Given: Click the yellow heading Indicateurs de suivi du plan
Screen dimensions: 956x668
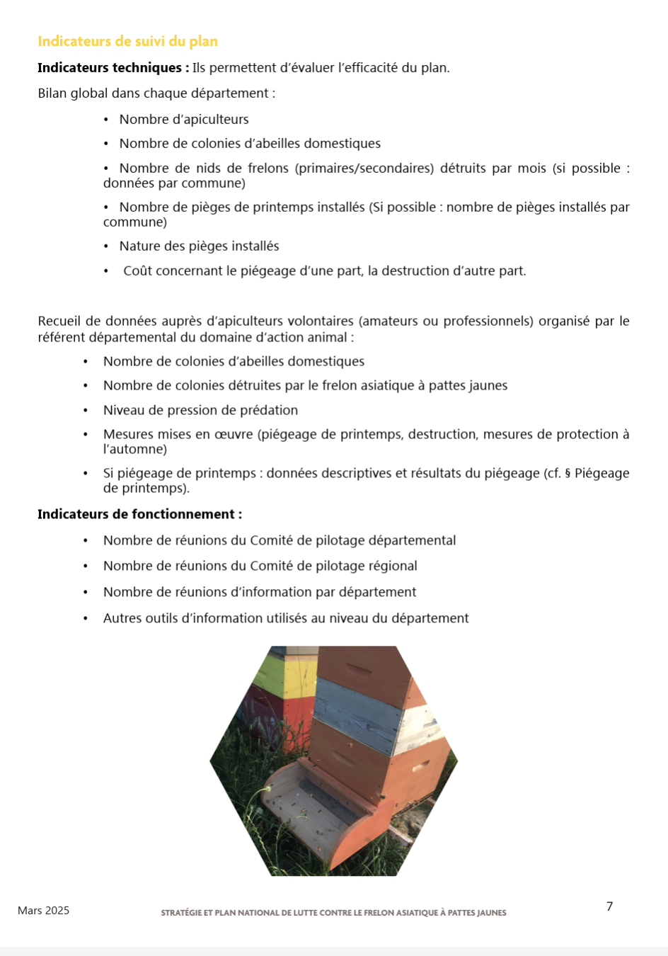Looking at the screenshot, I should click(x=127, y=41).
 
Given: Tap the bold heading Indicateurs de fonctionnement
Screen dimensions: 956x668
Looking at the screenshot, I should click(x=139, y=514).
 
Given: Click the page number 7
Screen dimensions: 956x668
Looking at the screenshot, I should click(x=609, y=906).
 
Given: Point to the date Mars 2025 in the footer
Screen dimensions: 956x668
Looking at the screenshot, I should click(x=43, y=911).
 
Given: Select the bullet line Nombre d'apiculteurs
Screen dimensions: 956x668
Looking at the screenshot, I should click(x=184, y=120).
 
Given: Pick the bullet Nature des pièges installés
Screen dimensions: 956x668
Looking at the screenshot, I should click(x=199, y=246).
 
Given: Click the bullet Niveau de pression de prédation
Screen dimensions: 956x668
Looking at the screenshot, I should click(x=200, y=410).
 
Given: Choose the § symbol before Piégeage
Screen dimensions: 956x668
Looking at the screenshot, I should click(x=568, y=474).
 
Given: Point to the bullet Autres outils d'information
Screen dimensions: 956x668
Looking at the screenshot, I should click(x=285, y=618).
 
